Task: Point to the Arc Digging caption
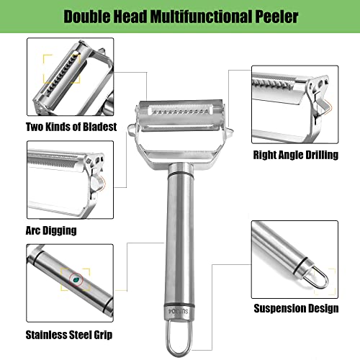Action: tap(51, 230)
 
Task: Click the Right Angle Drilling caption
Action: tap(295, 153)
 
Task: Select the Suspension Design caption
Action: tap(296, 308)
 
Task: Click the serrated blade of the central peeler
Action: tap(174, 115)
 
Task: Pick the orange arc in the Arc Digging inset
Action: tap(106, 184)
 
